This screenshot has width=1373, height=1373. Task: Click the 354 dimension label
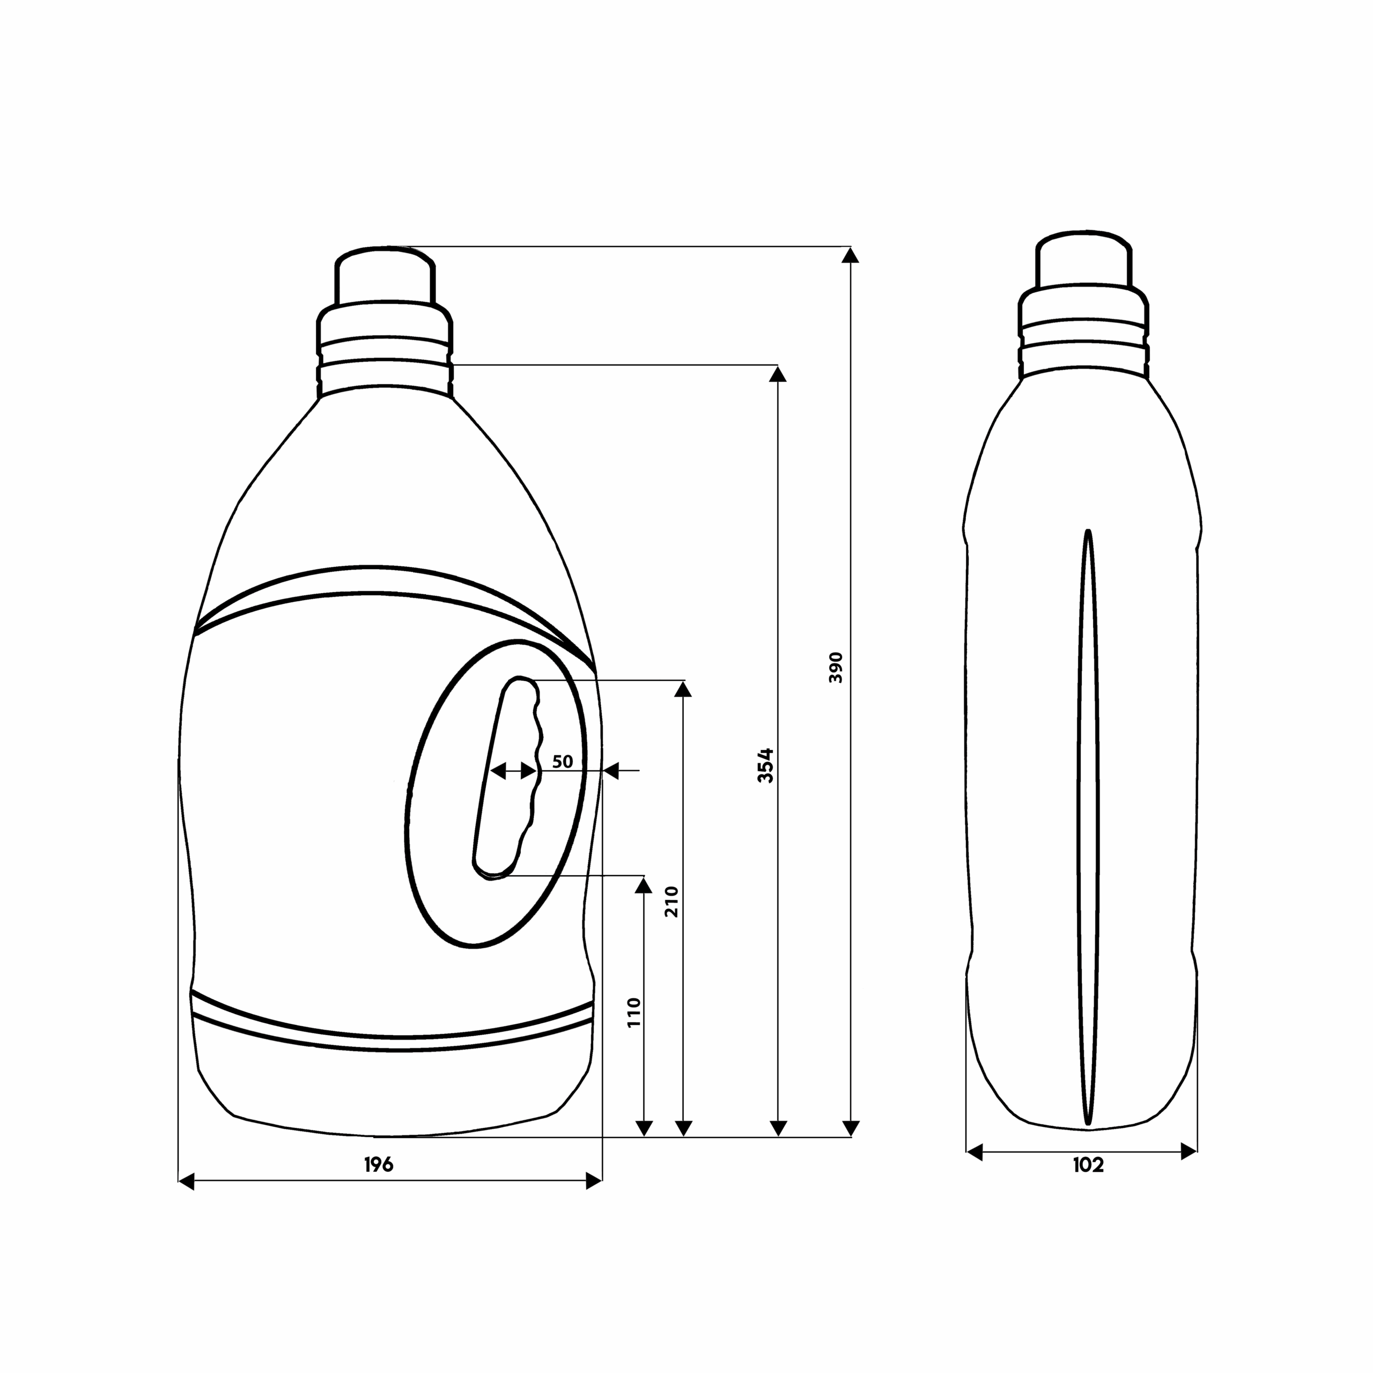pyautogui.click(x=765, y=765)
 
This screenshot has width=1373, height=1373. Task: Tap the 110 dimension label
pyautogui.click(x=634, y=1012)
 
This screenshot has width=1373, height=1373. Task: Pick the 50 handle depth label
pyautogui.click(x=562, y=761)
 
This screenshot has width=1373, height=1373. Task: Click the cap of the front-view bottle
pyautogui.click(x=385, y=276)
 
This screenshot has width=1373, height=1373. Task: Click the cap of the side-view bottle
pyautogui.click(x=1082, y=260)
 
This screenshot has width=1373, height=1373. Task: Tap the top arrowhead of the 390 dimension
pyautogui.click(x=851, y=256)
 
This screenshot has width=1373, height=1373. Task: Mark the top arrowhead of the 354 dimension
pyautogui.click(x=778, y=374)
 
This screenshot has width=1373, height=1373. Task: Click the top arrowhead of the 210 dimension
pyautogui.click(x=683, y=689)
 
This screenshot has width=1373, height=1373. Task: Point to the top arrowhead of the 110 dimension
pyautogui.click(x=644, y=884)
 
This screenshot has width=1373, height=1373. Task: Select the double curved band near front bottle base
pyautogui.click(x=392, y=1032)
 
